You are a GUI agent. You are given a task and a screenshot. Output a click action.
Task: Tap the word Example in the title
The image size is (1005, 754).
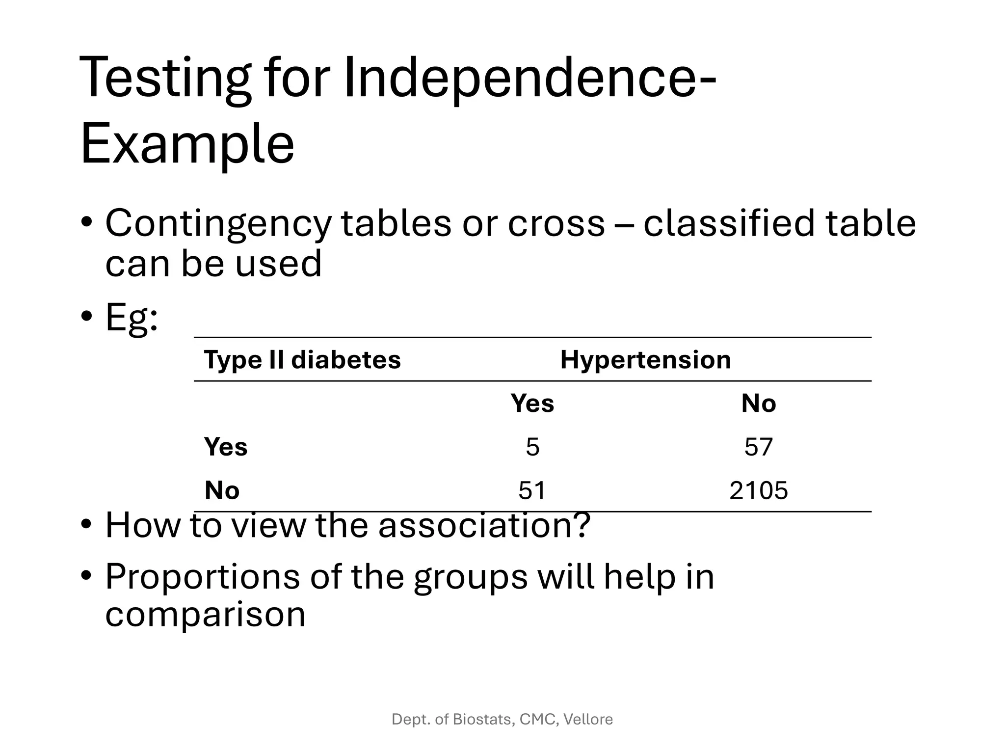pyautogui.click(x=187, y=144)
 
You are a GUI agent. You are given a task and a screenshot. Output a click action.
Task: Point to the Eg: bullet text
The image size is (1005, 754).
pyautogui.click(x=132, y=317)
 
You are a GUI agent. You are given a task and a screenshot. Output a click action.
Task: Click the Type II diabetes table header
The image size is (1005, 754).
pyautogui.click(x=302, y=360)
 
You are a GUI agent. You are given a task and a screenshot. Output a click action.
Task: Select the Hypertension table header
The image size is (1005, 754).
pyautogui.click(x=645, y=360)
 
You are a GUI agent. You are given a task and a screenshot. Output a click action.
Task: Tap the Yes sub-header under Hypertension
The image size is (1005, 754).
pyautogui.click(x=532, y=404)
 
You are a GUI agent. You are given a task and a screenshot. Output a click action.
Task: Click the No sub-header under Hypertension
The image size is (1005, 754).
pyautogui.click(x=758, y=404)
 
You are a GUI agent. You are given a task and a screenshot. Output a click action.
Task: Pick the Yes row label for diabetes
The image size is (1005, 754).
pyautogui.click(x=226, y=447)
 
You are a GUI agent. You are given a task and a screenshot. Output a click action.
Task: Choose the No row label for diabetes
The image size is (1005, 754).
pyautogui.click(x=222, y=490)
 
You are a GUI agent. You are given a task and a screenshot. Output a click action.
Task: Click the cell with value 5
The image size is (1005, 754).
pyautogui.click(x=532, y=447)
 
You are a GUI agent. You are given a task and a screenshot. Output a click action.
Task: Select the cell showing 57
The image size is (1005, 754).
pyautogui.click(x=758, y=447)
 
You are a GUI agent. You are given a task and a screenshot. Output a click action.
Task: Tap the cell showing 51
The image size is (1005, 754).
pyautogui.click(x=532, y=490)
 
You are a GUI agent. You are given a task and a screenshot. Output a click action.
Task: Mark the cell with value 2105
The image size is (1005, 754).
pyautogui.click(x=758, y=490)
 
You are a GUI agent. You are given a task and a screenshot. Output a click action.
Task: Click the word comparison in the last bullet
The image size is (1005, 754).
pyautogui.click(x=205, y=615)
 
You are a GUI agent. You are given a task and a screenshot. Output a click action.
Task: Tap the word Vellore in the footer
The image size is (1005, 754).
pyautogui.click(x=588, y=720)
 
